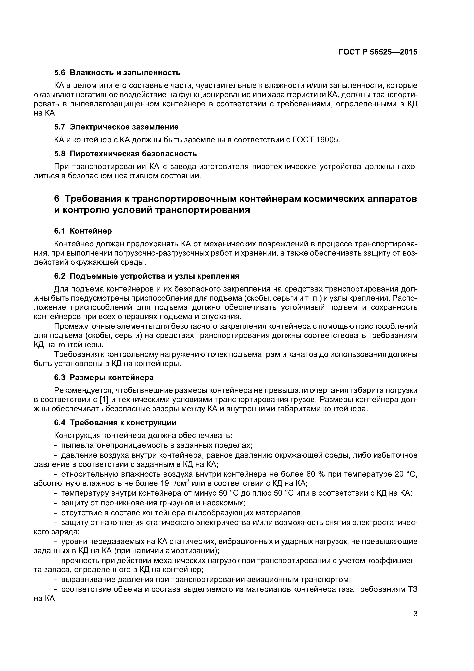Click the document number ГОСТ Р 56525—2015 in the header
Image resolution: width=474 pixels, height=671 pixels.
[x=378, y=52]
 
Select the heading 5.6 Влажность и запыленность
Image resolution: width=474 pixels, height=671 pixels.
[x=117, y=72]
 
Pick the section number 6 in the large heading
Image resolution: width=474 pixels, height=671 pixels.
[x=57, y=199]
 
